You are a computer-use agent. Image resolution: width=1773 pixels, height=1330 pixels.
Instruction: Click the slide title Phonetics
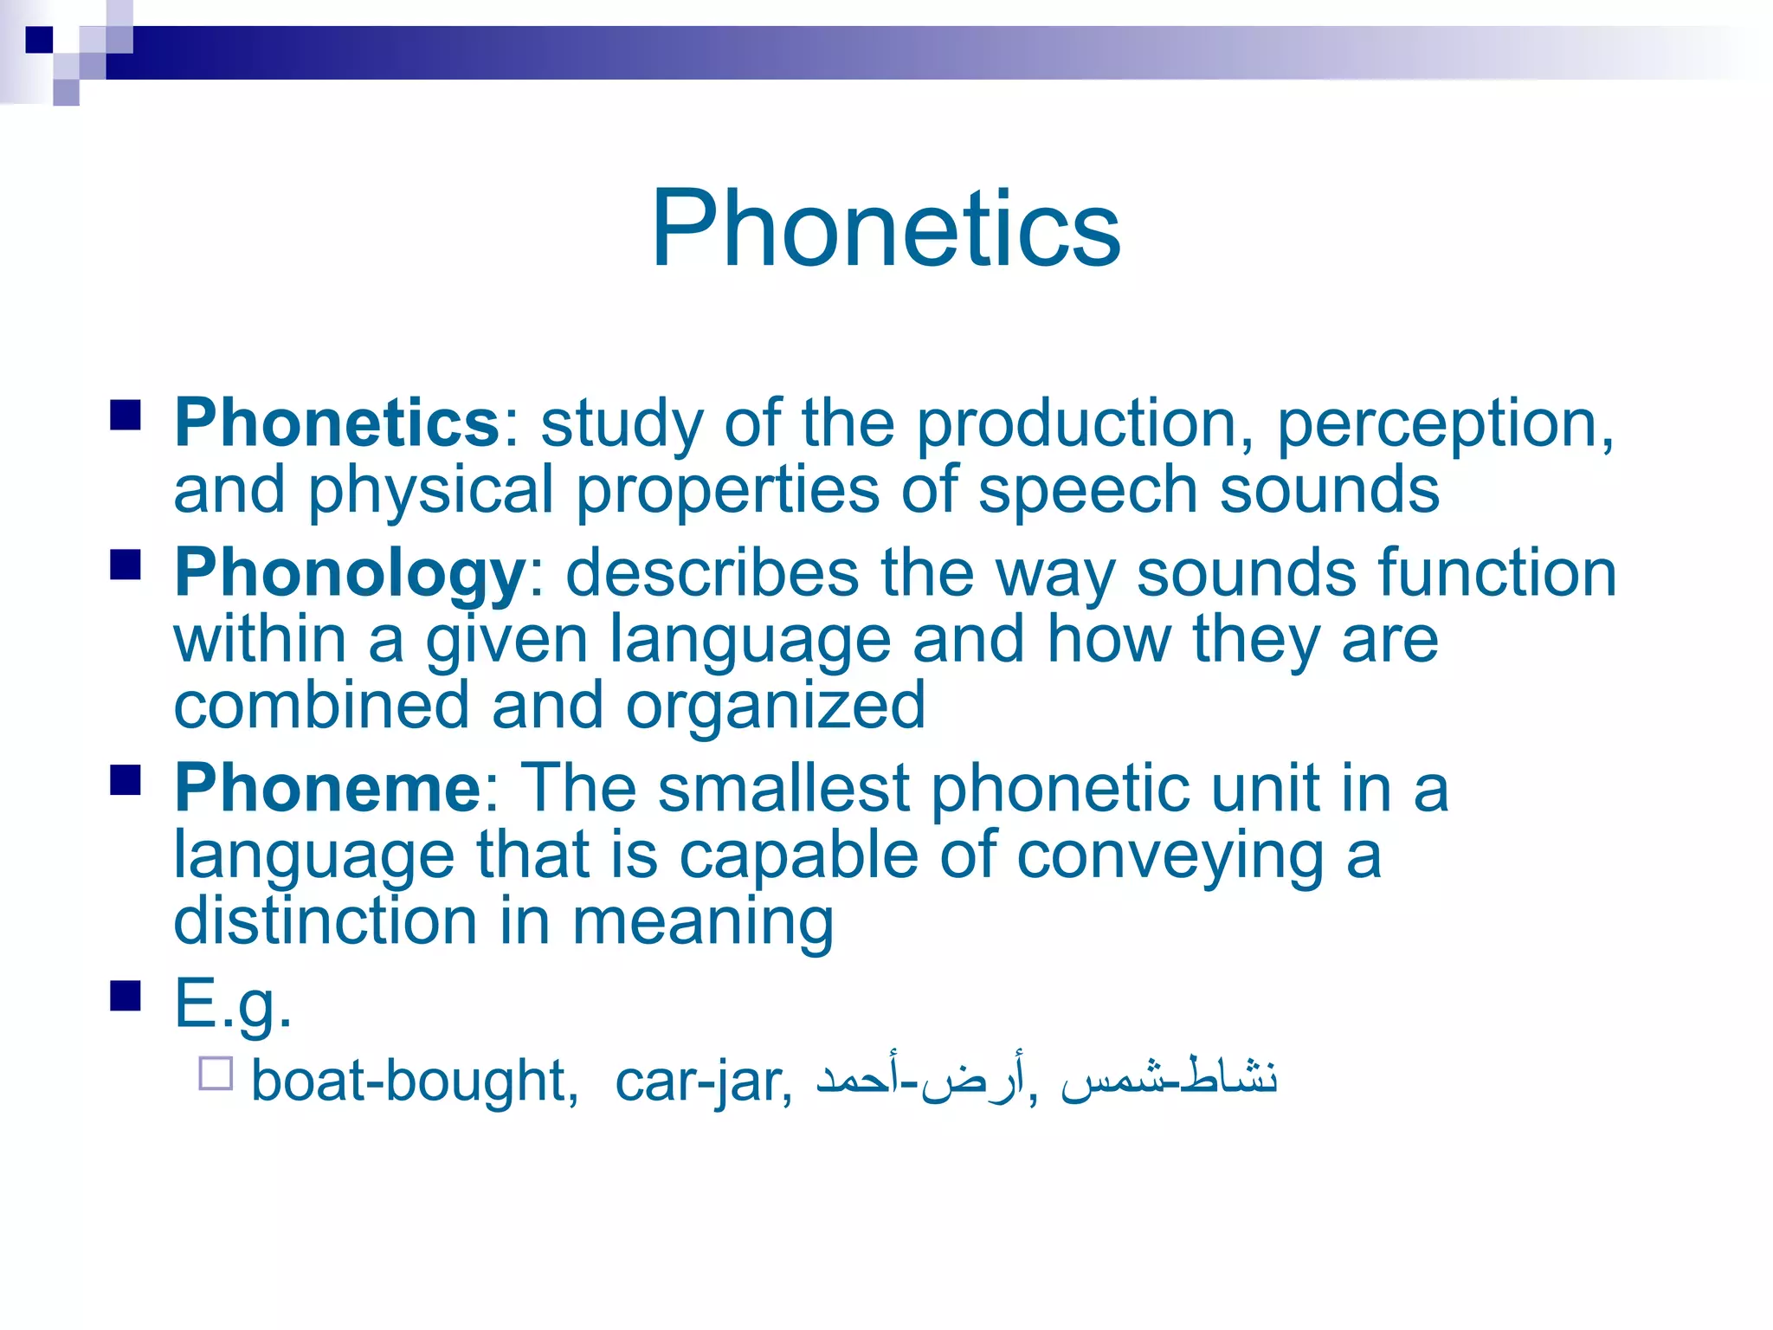tap(886, 229)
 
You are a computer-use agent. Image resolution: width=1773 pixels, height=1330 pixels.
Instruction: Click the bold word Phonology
tap(350, 573)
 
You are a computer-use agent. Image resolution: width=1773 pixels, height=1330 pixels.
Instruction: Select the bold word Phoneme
tap(328, 788)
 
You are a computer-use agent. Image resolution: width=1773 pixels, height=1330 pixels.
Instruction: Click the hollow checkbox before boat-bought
tap(216, 1074)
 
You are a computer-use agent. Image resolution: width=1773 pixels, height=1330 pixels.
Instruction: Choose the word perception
tap(1444, 424)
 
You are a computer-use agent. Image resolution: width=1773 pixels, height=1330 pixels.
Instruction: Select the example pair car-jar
tap(701, 1081)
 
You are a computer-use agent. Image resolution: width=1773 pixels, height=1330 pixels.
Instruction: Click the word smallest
tap(783, 788)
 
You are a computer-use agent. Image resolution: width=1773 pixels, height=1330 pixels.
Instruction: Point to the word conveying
tap(1170, 855)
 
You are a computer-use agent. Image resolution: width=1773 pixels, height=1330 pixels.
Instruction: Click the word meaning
tap(703, 923)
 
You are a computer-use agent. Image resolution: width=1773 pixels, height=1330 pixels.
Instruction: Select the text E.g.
tap(232, 1003)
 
